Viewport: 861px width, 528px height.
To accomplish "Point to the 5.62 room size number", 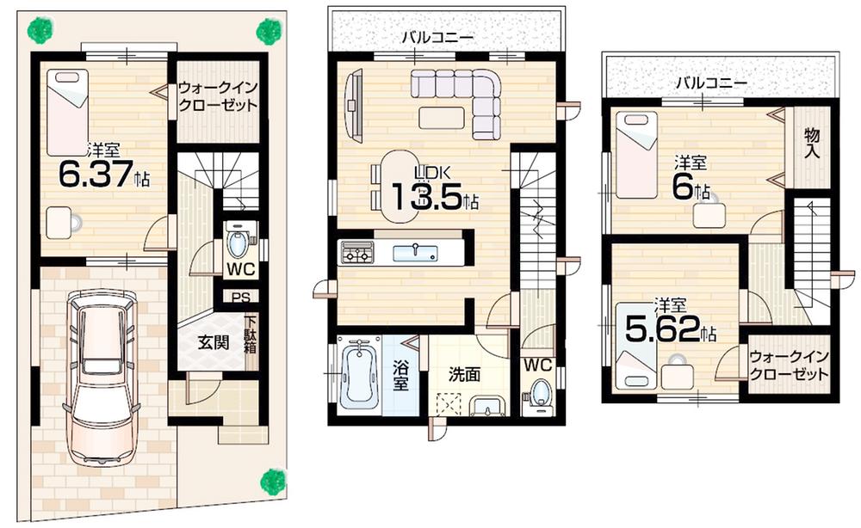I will [664, 331].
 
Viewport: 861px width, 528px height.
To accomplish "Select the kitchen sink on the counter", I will [416, 252].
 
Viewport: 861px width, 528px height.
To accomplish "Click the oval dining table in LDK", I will [398, 186].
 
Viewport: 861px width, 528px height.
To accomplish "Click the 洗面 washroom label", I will [464, 375].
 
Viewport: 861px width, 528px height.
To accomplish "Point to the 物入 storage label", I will [812, 144].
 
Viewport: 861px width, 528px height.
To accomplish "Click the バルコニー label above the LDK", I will [437, 38].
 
